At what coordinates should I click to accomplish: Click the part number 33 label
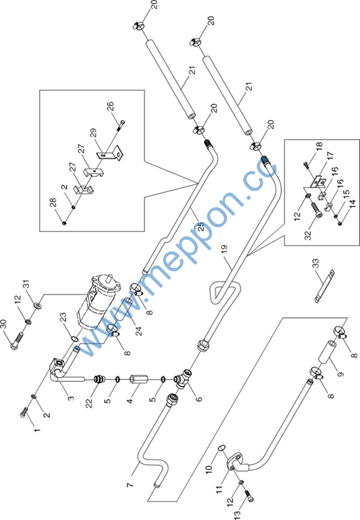(316, 263)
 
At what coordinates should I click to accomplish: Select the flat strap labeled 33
(324, 286)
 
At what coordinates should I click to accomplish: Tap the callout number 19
(224, 249)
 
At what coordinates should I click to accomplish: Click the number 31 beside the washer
(26, 284)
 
